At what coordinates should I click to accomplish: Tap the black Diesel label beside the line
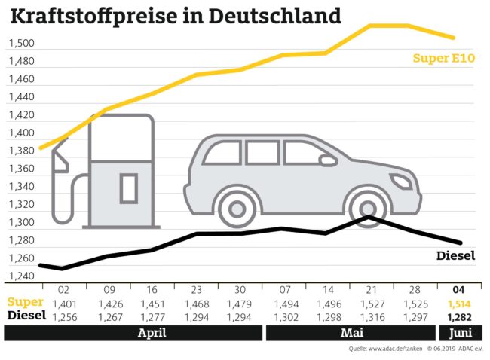click(x=456, y=255)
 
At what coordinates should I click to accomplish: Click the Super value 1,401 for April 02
click(x=63, y=303)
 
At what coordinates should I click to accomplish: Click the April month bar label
click(x=152, y=331)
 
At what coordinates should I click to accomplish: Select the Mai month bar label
click(x=348, y=331)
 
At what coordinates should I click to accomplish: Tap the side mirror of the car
click(x=329, y=160)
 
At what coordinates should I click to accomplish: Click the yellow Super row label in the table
click(x=23, y=303)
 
